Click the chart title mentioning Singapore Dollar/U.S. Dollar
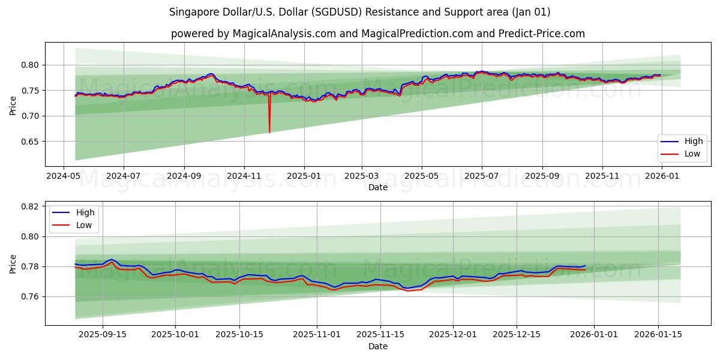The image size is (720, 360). [359, 12]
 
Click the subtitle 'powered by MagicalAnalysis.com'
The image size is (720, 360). [377, 34]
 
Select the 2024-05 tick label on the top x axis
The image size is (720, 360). [64, 176]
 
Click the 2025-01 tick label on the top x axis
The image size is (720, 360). [304, 176]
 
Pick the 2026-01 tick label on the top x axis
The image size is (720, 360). [662, 176]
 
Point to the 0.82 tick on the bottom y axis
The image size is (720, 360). [31, 206]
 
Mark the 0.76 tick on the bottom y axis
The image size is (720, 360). [31, 296]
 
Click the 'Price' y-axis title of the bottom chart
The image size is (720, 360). [13, 263]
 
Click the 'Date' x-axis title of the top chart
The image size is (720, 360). [377, 187]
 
